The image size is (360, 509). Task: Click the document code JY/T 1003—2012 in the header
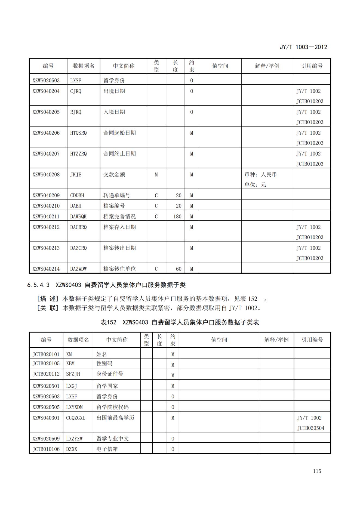pyautogui.click(x=303, y=47)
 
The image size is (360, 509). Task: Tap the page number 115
pyautogui.click(x=317, y=471)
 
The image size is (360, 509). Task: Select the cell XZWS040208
pyautogui.click(x=46, y=175)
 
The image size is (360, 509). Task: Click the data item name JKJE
pyautogui.click(x=76, y=175)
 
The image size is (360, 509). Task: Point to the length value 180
pyautogui.click(x=177, y=217)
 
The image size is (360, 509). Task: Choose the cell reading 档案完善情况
pyautogui.click(x=119, y=217)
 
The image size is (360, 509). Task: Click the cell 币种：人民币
pyautogui.click(x=260, y=175)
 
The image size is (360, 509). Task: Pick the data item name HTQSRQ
pyautogui.click(x=78, y=133)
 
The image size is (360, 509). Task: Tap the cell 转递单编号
pyautogui.click(x=117, y=196)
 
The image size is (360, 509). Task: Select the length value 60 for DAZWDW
pyautogui.click(x=179, y=269)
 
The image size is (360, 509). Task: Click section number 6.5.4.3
pyautogui.click(x=38, y=285)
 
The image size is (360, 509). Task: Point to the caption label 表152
pyautogui.click(x=108, y=322)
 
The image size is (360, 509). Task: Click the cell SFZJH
pyautogui.click(x=73, y=374)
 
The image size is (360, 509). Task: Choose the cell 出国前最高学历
pyautogui.click(x=115, y=418)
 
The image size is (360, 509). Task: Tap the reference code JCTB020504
pyautogui.click(x=311, y=428)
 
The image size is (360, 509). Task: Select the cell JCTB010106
pyautogui.click(x=46, y=449)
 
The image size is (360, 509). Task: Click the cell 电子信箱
pyautogui.click(x=107, y=449)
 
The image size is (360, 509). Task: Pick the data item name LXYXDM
pyautogui.click(x=75, y=407)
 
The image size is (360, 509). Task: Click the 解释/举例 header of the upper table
pyautogui.click(x=267, y=66)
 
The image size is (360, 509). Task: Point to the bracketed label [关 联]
pyautogui.click(x=48, y=308)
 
